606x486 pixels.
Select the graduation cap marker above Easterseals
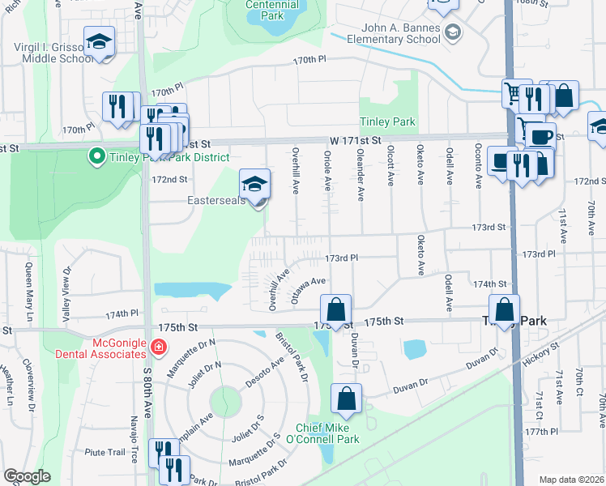coord(254,185)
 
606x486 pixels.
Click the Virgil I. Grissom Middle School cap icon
coord(99,42)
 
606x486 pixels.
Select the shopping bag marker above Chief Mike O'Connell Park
coord(347,399)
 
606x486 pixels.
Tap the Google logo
coord(27,476)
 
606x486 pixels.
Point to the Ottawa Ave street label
coord(308,289)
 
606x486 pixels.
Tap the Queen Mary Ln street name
coord(29,284)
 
